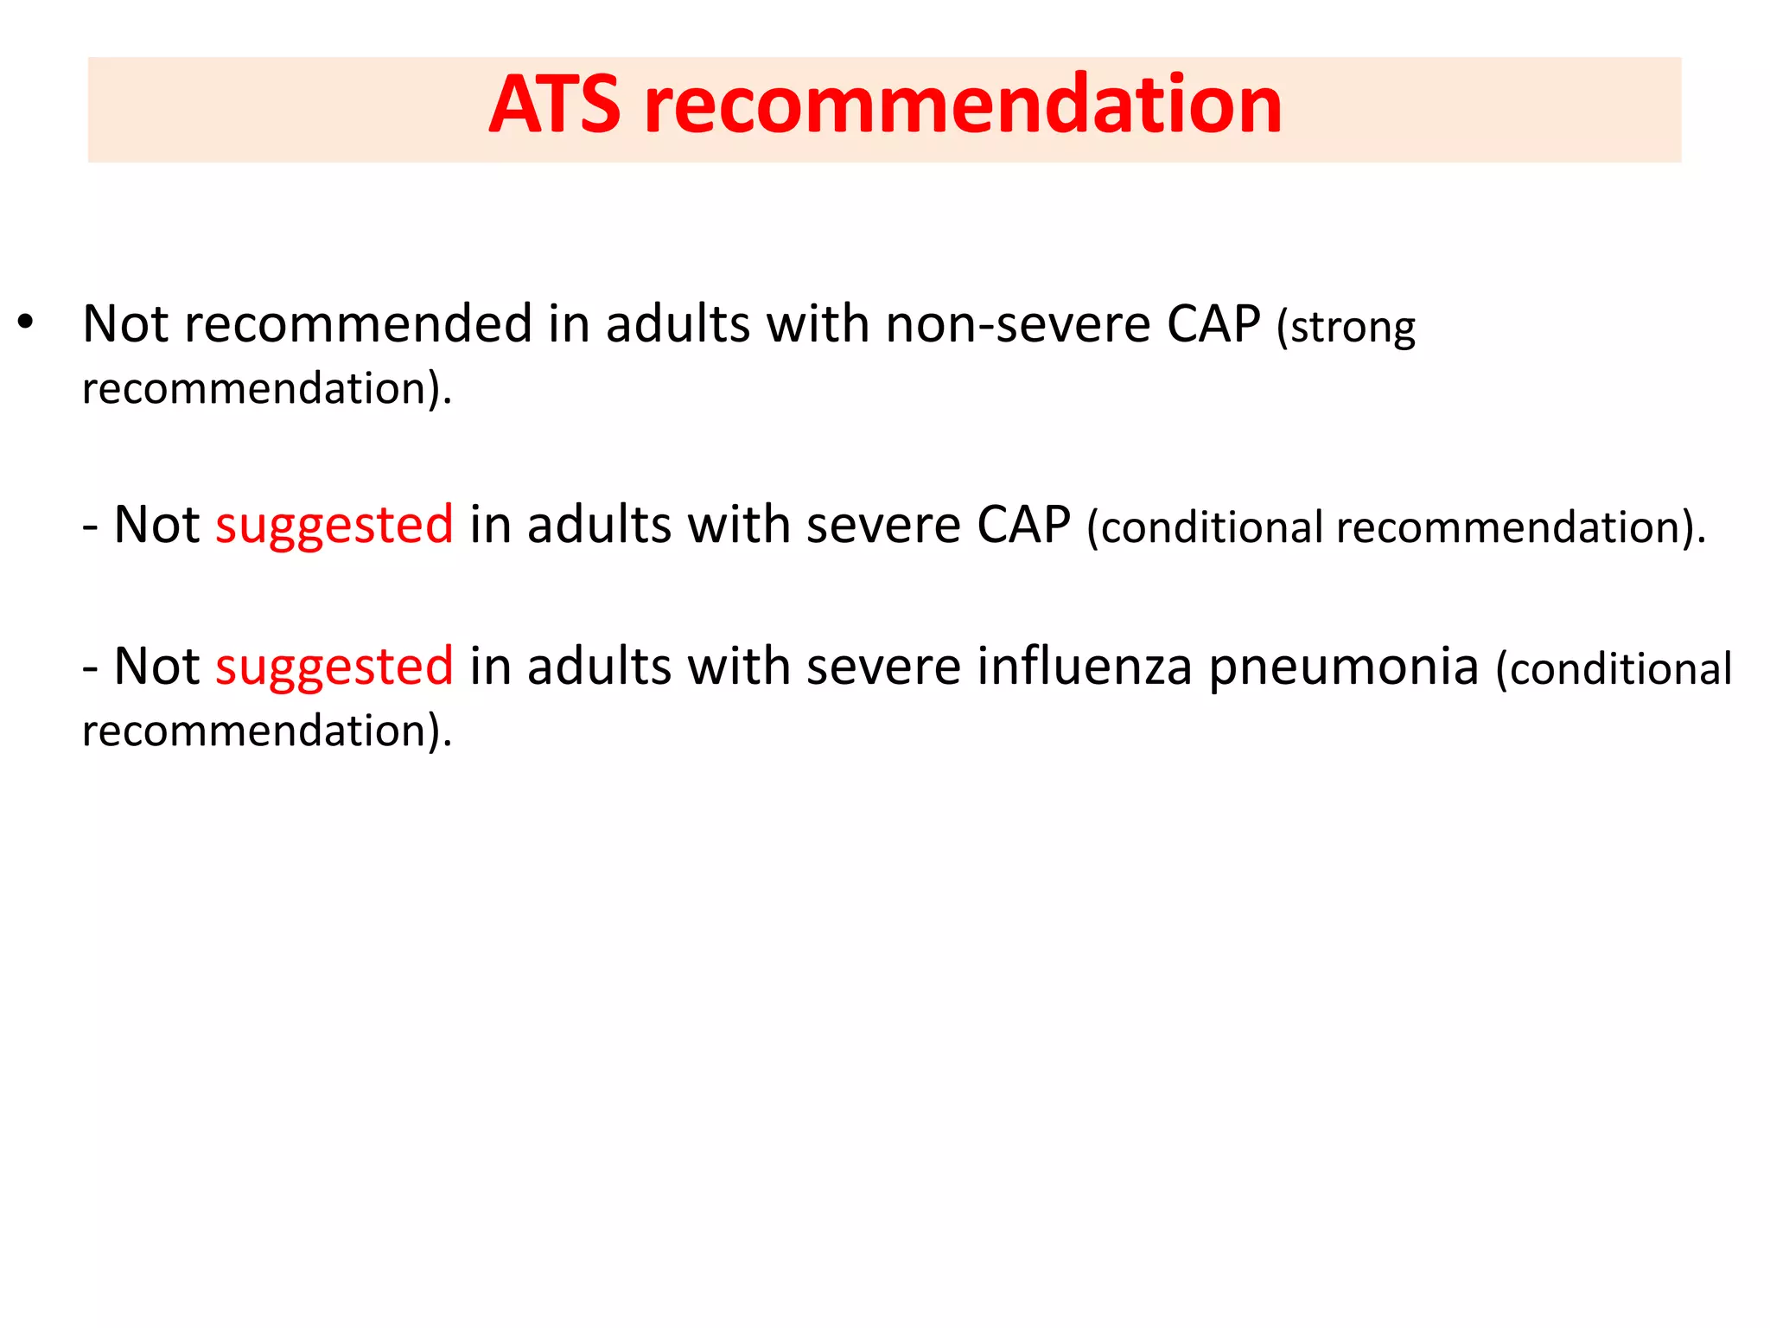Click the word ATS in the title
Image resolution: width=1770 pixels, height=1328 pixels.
554,105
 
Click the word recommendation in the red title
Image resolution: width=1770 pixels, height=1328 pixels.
963,105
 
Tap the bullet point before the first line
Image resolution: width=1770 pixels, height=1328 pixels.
25,322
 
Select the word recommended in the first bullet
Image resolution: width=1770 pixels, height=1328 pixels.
358,324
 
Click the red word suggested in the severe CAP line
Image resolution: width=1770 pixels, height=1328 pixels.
334,525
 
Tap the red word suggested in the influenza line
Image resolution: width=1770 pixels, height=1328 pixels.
334,667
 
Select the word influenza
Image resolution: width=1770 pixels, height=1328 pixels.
1085,667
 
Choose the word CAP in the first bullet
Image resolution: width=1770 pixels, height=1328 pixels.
1213,324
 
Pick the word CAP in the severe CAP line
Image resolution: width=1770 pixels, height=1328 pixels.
1023,525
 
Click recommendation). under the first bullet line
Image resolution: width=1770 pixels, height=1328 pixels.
267,389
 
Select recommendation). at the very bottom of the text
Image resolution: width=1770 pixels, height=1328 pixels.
267,731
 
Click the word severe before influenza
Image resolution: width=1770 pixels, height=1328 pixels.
883,667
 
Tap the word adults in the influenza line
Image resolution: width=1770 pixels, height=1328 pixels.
599,667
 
